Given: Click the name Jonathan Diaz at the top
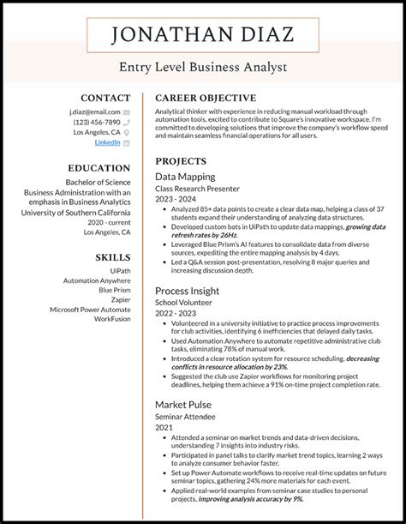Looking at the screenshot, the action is [202, 36].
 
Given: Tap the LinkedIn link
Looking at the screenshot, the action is [107, 143].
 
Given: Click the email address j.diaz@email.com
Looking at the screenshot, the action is [95, 111].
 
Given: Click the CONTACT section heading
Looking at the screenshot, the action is [105, 98].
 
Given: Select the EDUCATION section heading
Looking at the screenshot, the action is [99, 169].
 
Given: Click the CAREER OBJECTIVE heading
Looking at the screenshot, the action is [205, 98].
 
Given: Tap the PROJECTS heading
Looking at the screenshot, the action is [181, 160].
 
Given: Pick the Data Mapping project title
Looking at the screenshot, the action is [185, 177].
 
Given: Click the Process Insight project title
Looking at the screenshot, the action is [188, 291].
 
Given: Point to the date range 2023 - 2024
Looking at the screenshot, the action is [175, 198].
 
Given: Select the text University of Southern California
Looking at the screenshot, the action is [76, 212].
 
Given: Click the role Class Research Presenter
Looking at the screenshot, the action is [197, 188].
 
